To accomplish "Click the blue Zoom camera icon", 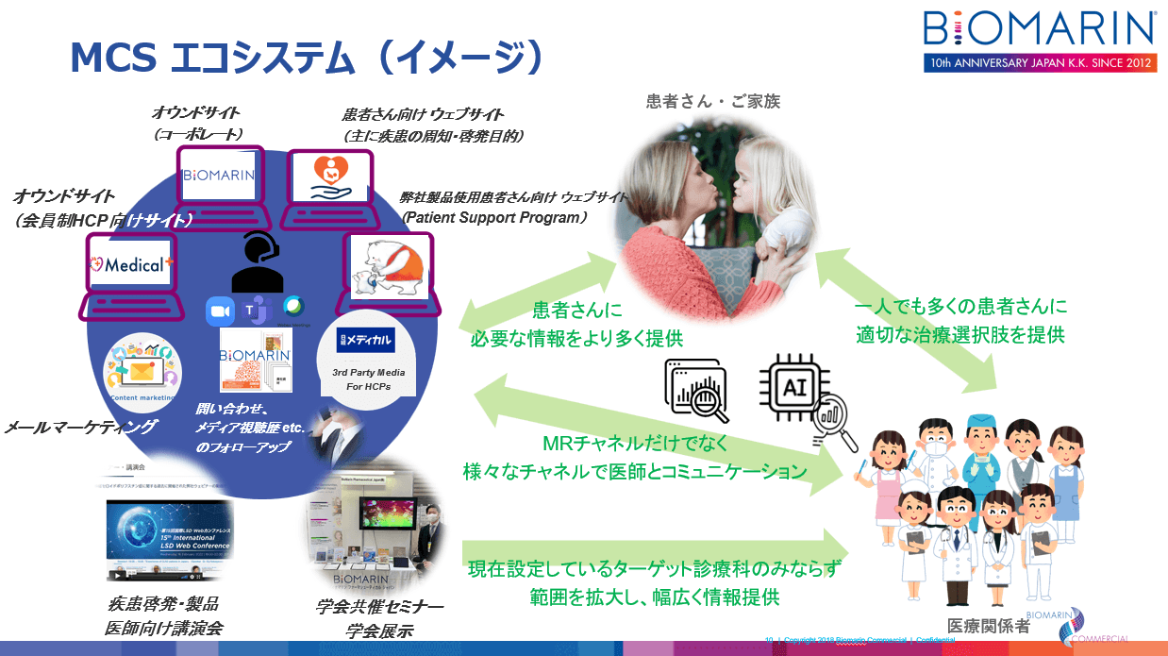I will (x=220, y=311).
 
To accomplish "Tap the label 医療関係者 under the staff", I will (x=988, y=624).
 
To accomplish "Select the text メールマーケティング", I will (x=80, y=428).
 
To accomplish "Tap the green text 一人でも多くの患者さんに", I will (x=960, y=307).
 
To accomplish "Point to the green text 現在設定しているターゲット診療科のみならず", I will (x=653, y=570).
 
